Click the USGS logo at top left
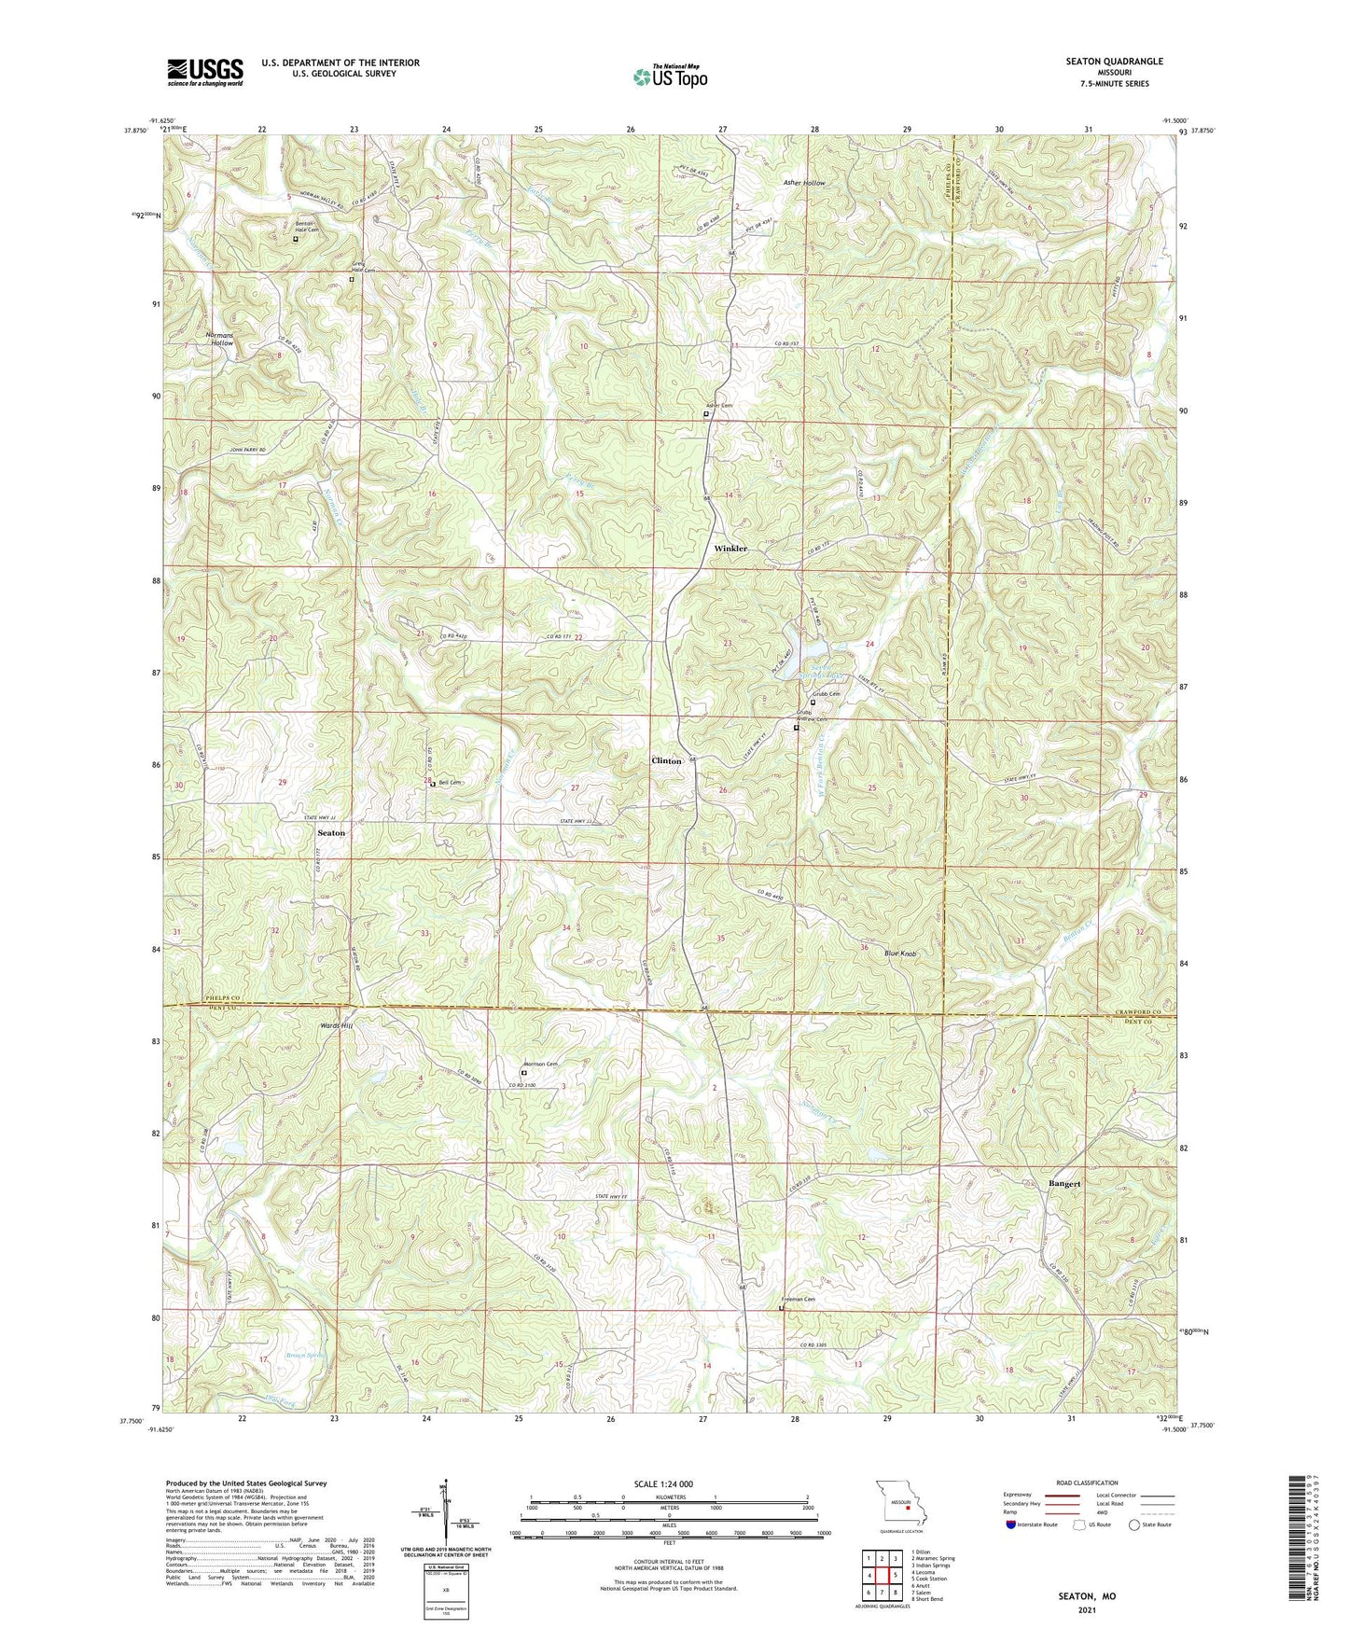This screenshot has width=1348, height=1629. (205, 71)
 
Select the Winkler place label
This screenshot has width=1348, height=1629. (730, 549)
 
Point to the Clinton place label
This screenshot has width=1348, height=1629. (666, 761)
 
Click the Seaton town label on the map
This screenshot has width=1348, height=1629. (330, 832)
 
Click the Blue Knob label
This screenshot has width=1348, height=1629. (900, 954)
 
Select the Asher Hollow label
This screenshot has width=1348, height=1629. (803, 184)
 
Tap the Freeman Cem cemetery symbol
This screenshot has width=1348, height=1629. (782, 1309)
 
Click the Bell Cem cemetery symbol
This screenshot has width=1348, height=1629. (432, 785)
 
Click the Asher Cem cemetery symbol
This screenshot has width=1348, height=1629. (705, 414)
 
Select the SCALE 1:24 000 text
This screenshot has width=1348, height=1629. (662, 1484)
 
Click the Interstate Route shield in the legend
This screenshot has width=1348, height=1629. (1012, 1525)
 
